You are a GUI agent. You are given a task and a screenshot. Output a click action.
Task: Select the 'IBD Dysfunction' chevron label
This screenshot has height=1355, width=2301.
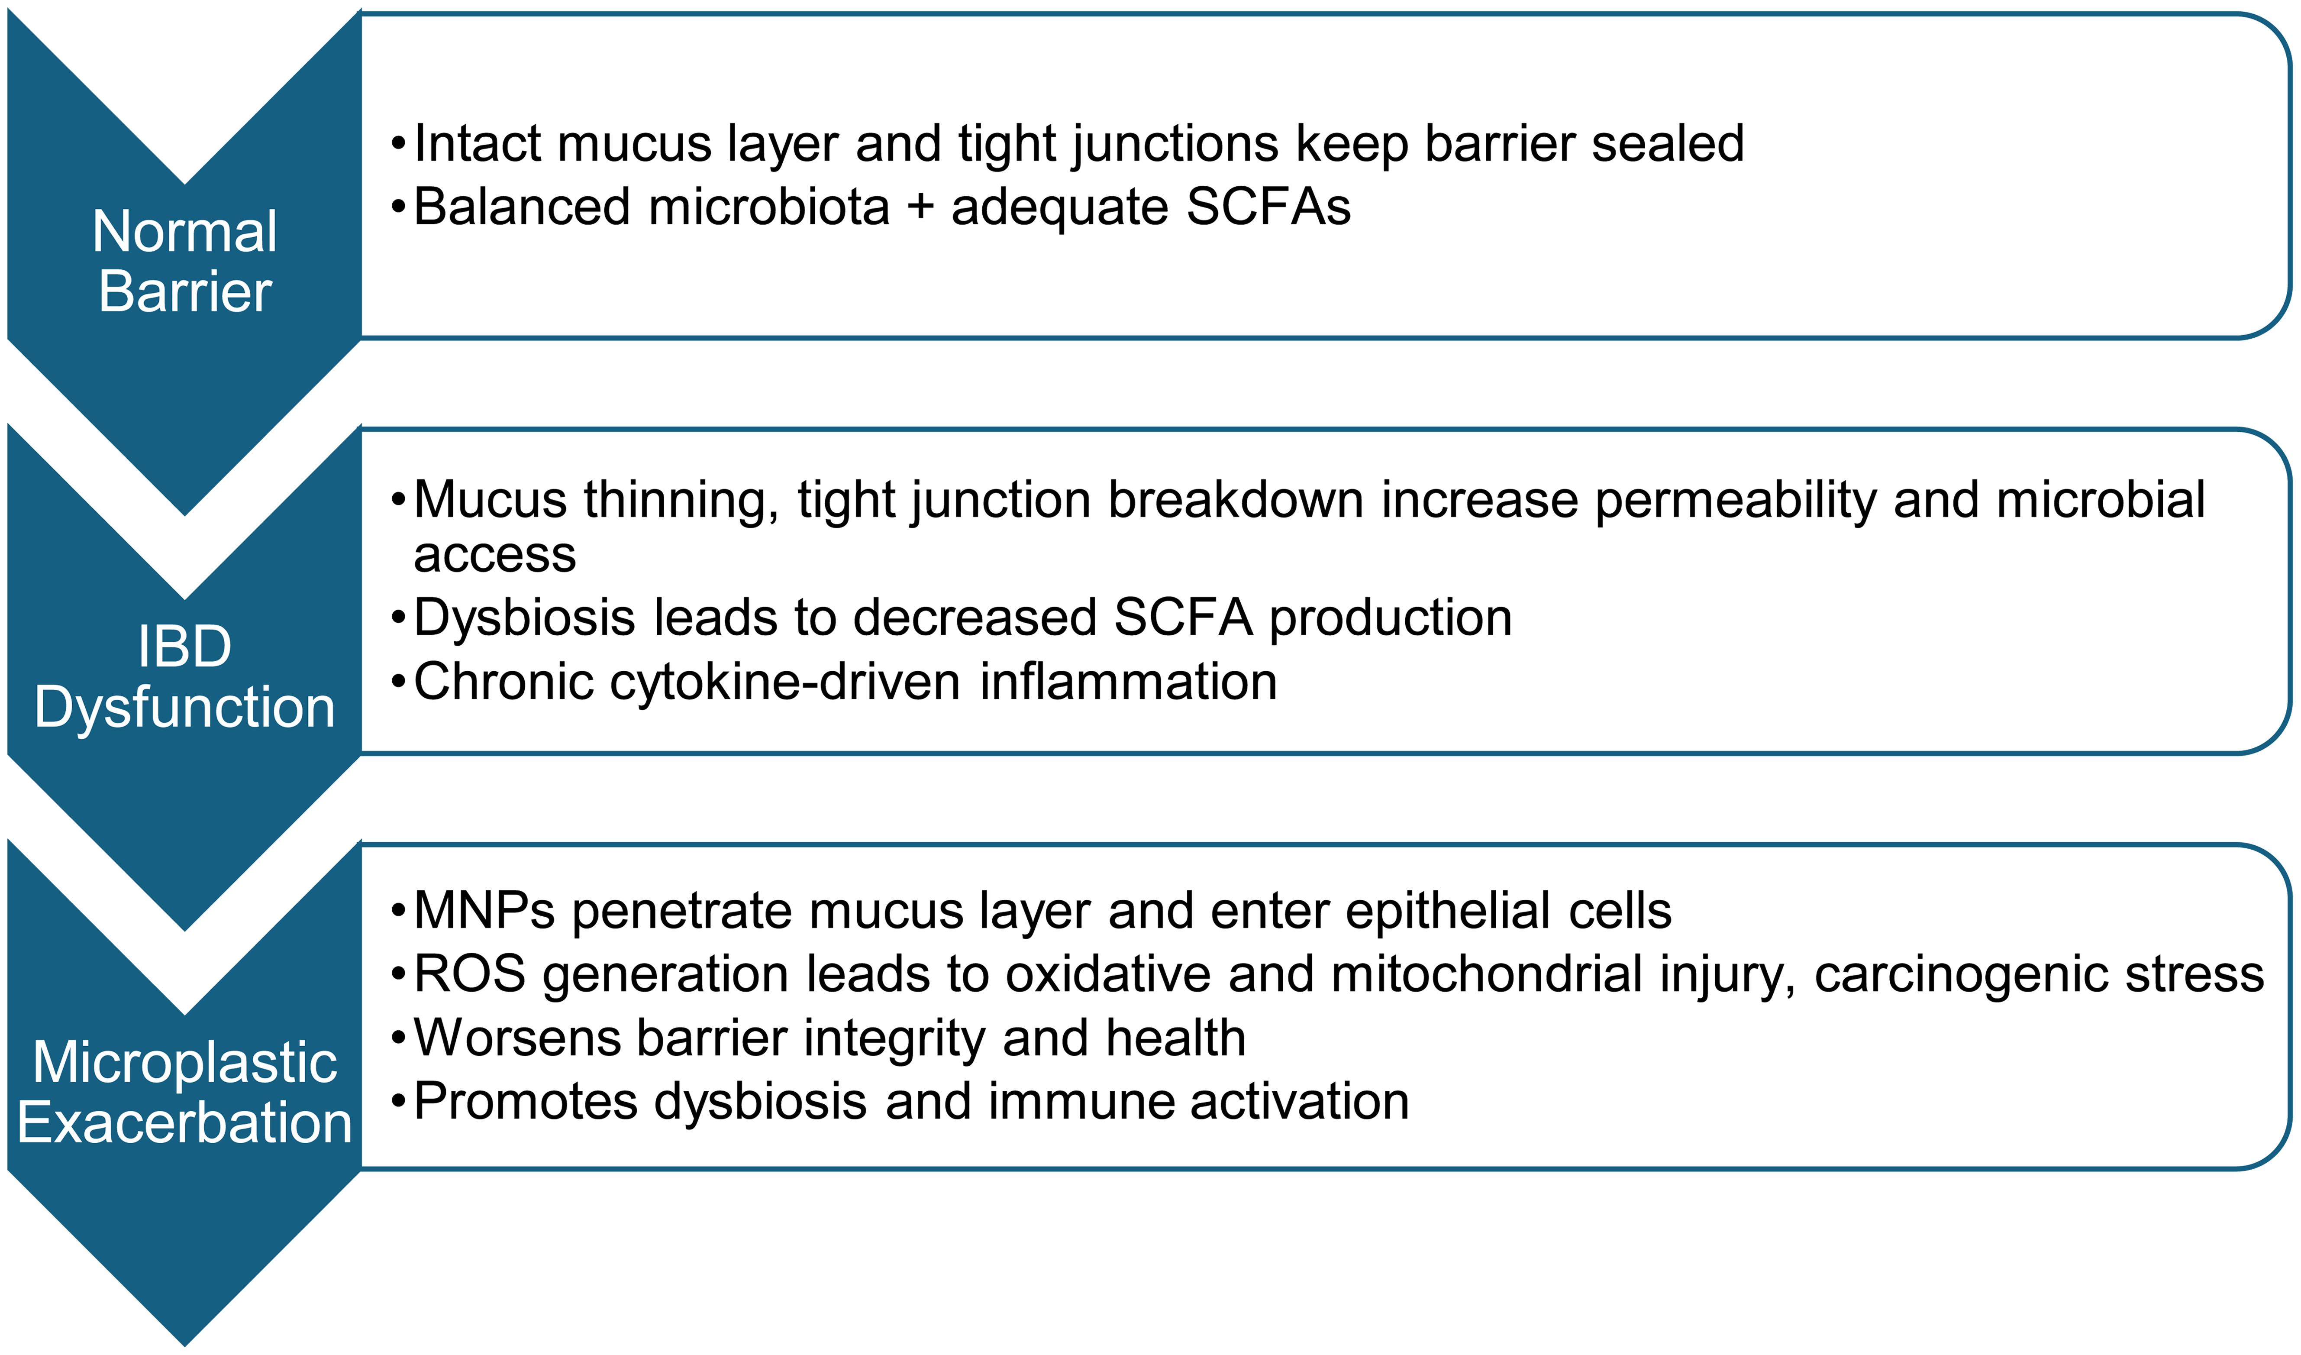point(184,676)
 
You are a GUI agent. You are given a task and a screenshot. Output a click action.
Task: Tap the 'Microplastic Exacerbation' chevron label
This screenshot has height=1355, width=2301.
point(184,1092)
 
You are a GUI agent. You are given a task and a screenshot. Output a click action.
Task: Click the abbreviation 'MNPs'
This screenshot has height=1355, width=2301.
point(484,911)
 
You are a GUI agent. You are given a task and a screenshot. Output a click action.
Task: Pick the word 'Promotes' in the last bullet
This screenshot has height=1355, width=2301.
point(525,1101)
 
